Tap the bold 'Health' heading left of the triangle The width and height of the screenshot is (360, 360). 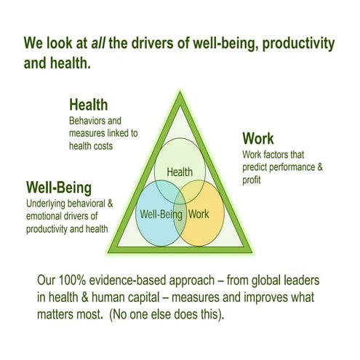(x=88, y=105)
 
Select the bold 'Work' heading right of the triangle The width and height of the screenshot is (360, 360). (x=258, y=137)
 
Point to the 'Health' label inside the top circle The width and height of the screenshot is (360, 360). (x=180, y=172)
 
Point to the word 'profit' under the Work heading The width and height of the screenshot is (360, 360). (x=253, y=180)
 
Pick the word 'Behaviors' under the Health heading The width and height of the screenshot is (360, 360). (x=88, y=120)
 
